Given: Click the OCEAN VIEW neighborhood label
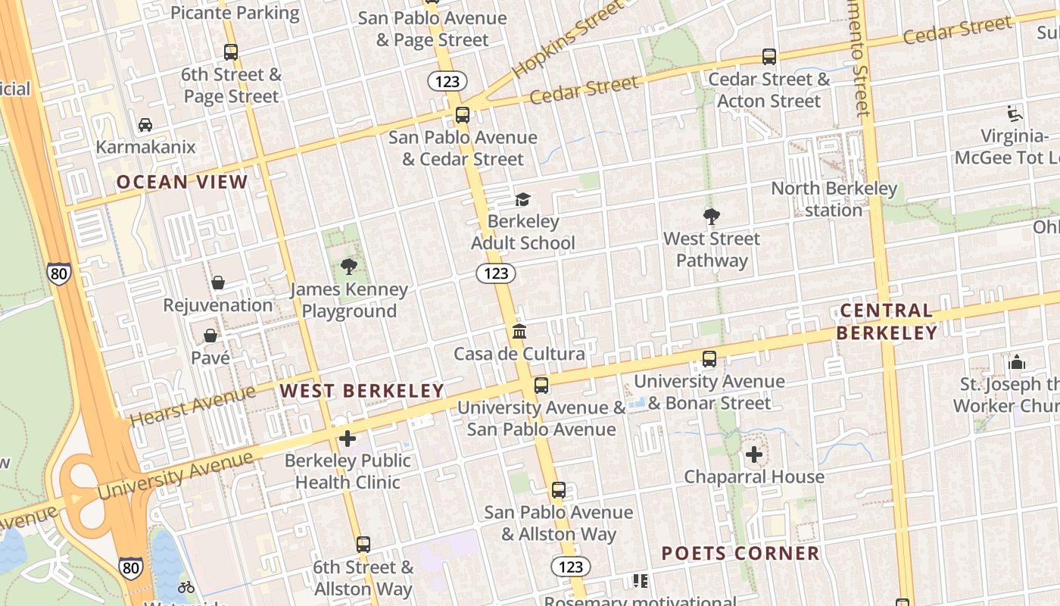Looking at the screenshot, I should (x=182, y=182).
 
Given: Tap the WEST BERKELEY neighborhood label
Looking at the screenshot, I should (x=362, y=391).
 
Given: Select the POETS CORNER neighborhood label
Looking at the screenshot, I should (x=740, y=554).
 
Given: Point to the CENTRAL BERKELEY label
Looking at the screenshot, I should (x=887, y=321).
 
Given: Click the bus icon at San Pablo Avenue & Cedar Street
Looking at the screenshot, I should (x=462, y=115).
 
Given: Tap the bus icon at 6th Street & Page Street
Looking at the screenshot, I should (x=231, y=52).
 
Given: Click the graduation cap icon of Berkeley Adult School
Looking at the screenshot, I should (x=522, y=199).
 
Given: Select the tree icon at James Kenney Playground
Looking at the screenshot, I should (x=349, y=266).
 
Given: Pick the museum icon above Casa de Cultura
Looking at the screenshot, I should (x=519, y=331).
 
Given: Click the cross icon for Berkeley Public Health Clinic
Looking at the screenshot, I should (x=348, y=438).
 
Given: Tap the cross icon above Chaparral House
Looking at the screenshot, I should (x=754, y=454).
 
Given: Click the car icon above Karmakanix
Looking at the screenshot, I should (x=145, y=125).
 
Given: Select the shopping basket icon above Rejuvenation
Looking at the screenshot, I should (x=218, y=283).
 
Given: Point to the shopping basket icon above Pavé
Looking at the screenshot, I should (x=210, y=335).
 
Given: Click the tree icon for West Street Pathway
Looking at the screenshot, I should (x=711, y=217).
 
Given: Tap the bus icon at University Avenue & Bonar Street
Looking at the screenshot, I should (x=709, y=359).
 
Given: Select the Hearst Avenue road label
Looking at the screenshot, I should (x=192, y=405).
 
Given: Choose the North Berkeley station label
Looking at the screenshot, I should (x=834, y=198).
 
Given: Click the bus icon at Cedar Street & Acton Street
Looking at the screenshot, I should (x=769, y=57).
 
